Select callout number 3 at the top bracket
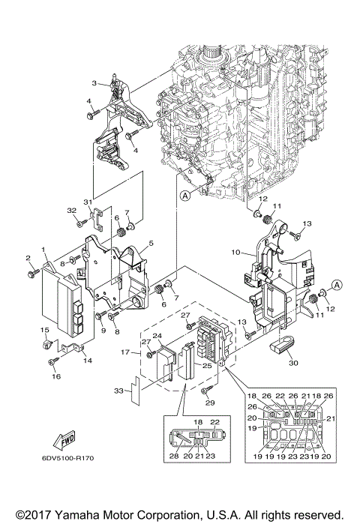click(95, 82)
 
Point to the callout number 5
click(150, 244)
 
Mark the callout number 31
click(87, 202)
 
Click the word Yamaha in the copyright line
click(72, 516)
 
